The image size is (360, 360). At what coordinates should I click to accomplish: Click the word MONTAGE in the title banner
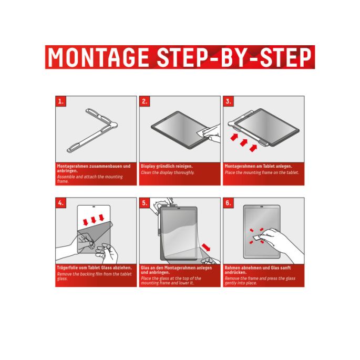tap(98, 57)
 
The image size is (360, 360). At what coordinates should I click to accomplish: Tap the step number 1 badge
tap(61, 101)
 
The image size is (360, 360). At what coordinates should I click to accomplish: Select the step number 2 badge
tap(145, 101)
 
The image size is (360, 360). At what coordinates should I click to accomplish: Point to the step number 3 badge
tap(229, 101)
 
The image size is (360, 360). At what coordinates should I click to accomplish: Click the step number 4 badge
tap(61, 203)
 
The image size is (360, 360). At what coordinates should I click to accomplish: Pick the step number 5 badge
tap(145, 203)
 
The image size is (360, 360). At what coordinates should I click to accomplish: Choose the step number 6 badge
tap(229, 203)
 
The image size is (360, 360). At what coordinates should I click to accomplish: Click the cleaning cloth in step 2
tap(203, 132)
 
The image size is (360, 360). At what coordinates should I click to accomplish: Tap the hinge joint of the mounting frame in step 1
tap(114, 125)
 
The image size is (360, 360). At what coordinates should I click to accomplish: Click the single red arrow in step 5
tap(206, 248)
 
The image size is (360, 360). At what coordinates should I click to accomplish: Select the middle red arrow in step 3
tap(244, 143)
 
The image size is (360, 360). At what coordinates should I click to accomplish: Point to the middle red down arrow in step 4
tap(94, 220)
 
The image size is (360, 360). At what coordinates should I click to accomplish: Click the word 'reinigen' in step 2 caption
tap(183, 166)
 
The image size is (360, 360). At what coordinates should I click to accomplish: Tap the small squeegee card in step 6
tap(258, 238)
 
